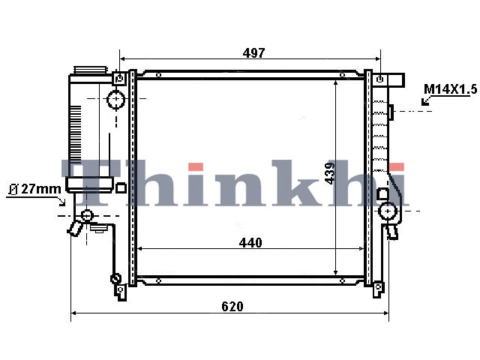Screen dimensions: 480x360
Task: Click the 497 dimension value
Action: point(253,53)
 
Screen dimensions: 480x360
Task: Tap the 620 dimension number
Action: point(232,306)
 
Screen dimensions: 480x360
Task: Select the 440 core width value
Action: point(250,243)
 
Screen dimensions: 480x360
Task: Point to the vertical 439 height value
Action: point(330,173)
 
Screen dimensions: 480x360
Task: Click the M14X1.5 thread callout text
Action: point(450,89)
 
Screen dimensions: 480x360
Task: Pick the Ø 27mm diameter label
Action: point(35,189)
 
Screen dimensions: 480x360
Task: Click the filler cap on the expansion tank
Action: point(91,70)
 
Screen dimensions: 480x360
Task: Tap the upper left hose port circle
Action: point(116,99)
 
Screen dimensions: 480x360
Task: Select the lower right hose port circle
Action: point(388,211)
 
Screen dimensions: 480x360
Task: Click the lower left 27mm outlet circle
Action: point(87,215)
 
